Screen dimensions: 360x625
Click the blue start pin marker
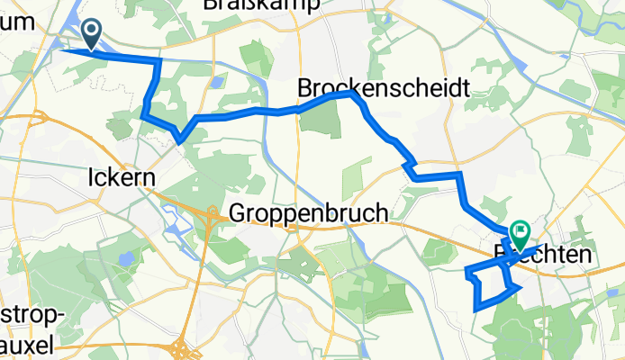pyautogui.click(x=92, y=34)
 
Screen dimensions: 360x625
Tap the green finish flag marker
pyautogui.click(x=521, y=234)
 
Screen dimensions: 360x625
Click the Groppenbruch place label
pyautogui.click(x=309, y=213)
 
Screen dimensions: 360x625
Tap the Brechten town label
pyautogui.click(x=544, y=256)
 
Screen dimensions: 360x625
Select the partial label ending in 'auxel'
pyautogui.click(x=27, y=344)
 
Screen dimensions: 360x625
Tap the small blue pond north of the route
pyautogui.click(x=217, y=82)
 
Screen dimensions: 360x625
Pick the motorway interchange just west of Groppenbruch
pyautogui.click(x=212, y=214)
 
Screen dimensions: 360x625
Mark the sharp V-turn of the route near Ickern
pyautogui.click(x=180, y=140)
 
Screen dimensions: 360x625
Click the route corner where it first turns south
pyautogui.click(x=159, y=61)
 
